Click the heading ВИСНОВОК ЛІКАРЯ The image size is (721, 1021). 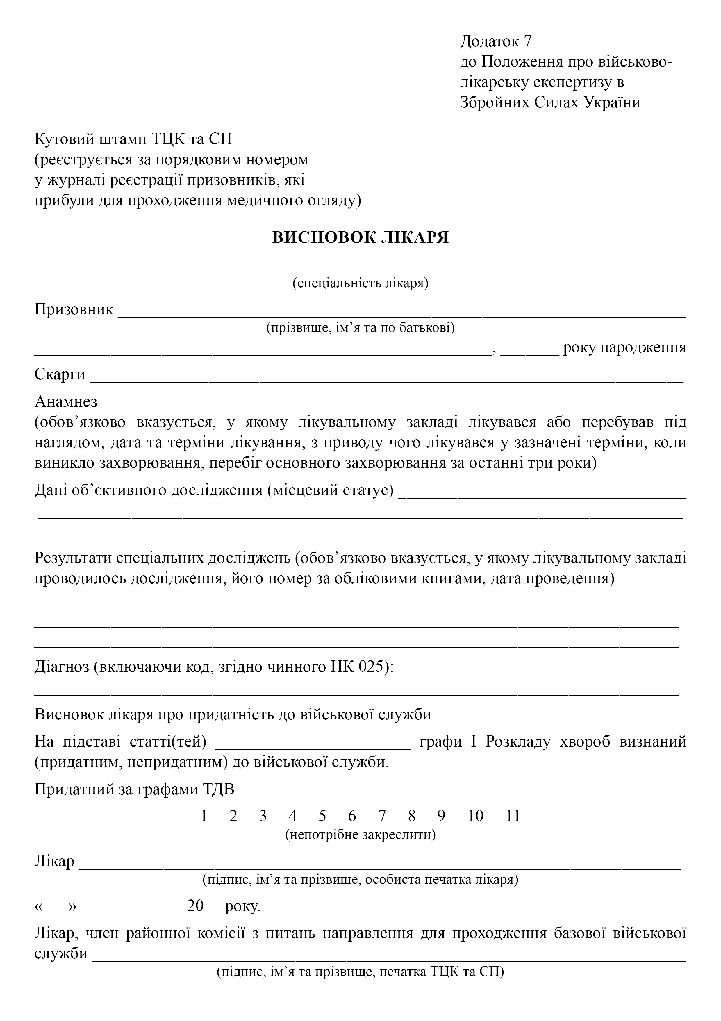click(x=360, y=237)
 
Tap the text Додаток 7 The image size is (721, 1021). click(x=496, y=41)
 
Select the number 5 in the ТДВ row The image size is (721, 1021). click(x=322, y=816)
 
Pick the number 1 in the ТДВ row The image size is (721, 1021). click(x=204, y=816)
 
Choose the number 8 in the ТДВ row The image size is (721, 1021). click(x=411, y=816)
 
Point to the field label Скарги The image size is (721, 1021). click(x=60, y=374)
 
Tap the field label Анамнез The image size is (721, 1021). click(x=66, y=402)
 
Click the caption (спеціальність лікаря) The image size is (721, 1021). click(x=360, y=283)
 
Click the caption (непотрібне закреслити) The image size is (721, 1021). click(x=360, y=835)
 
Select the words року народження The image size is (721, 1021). click(x=624, y=347)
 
